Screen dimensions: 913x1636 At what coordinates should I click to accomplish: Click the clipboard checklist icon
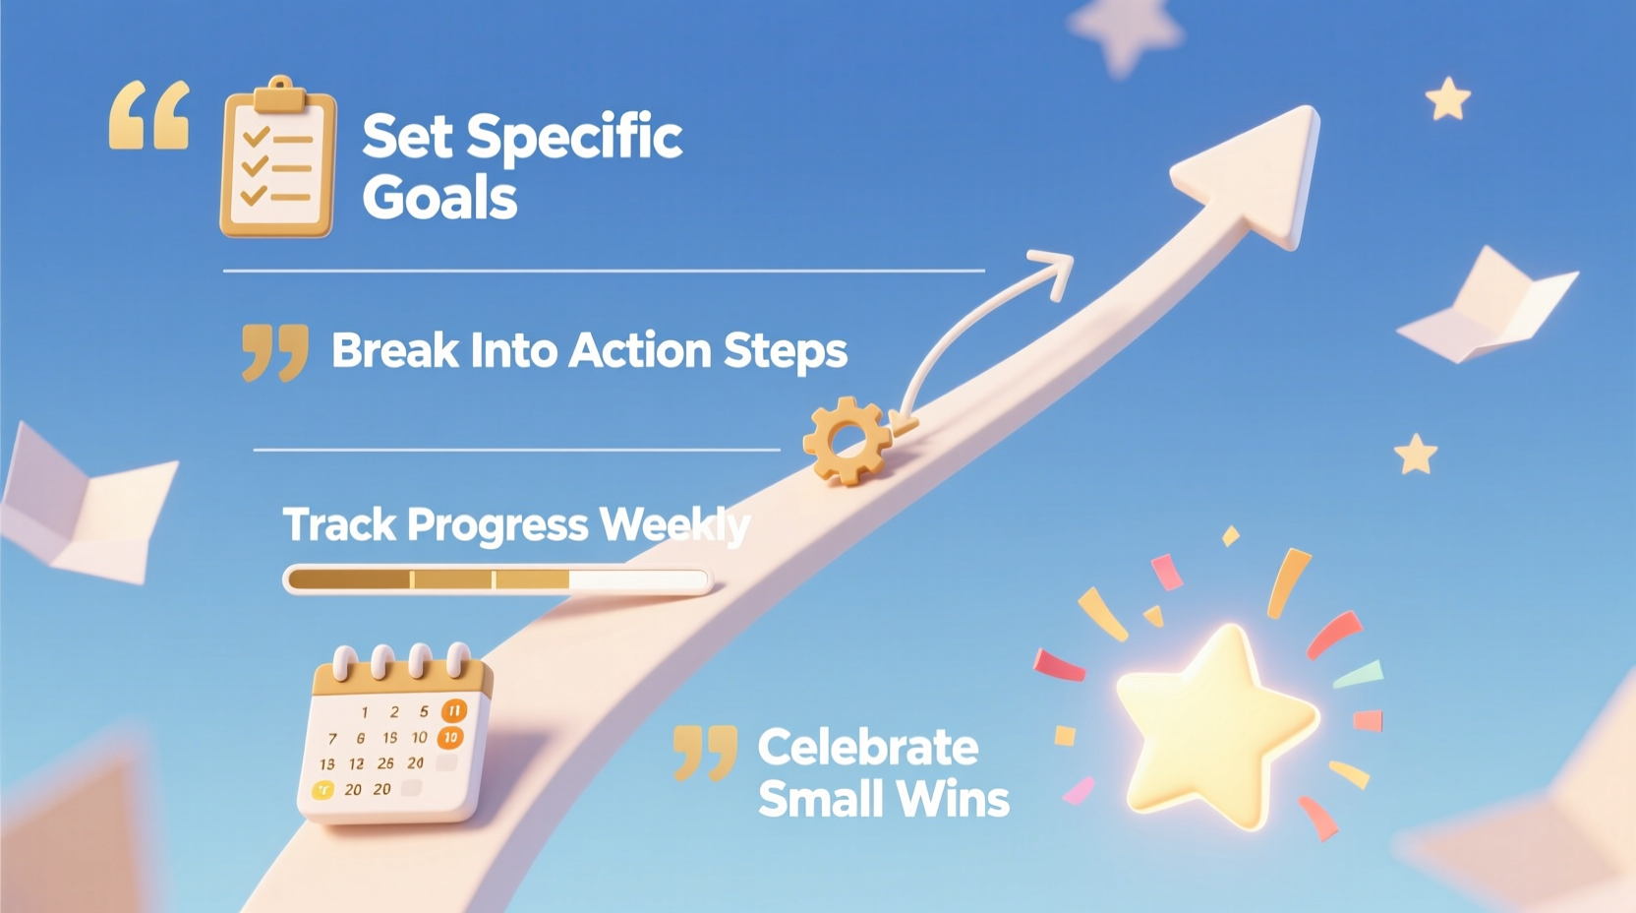tap(277, 162)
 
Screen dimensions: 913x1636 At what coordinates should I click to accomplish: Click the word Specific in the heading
tap(574, 138)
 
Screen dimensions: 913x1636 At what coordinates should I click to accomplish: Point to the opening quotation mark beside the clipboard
tap(148, 116)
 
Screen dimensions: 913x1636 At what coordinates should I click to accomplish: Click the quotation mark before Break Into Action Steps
tap(274, 351)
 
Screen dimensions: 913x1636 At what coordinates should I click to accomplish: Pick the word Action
tap(639, 350)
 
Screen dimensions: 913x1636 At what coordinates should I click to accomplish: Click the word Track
tap(338, 524)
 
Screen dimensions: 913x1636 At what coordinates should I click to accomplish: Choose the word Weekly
tap(674, 525)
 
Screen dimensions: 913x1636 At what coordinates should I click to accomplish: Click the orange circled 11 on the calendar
tap(453, 710)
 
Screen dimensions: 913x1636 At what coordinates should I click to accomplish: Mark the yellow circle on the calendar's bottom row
tap(322, 789)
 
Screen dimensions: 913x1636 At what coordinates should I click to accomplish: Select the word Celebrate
tap(868, 748)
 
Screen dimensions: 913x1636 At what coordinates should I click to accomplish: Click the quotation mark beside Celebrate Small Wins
tap(705, 753)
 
